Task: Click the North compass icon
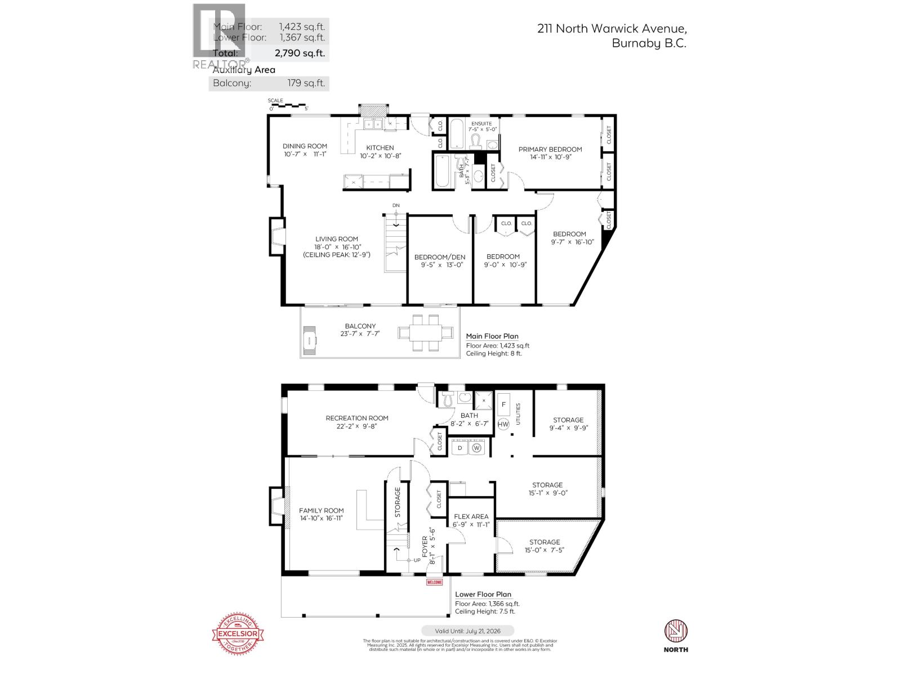(x=676, y=631)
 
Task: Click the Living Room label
(x=336, y=239)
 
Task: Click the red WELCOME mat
(x=434, y=582)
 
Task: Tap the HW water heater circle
(x=503, y=424)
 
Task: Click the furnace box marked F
(x=504, y=404)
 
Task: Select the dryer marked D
(x=460, y=448)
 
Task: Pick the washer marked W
(x=478, y=448)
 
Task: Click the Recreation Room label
(x=357, y=418)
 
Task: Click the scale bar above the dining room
(x=287, y=105)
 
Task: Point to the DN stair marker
(x=396, y=206)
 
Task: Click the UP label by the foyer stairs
(x=417, y=560)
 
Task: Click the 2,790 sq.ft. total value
(x=300, y=54)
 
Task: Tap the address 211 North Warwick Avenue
(x=612, y=29)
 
